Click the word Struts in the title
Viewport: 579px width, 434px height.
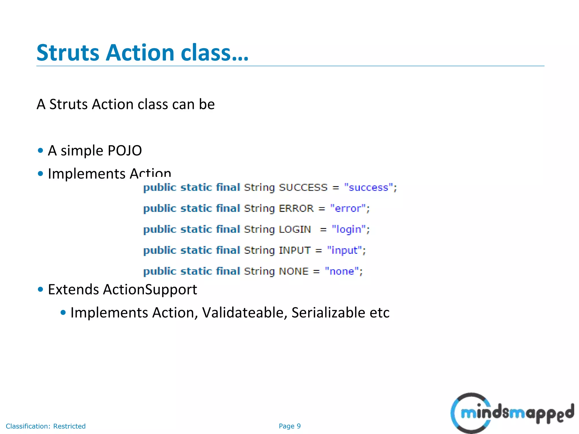(x=68, y=53)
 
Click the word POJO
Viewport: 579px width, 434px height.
(x=124, y=151)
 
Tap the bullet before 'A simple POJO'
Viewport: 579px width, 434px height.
(x=40, y=150)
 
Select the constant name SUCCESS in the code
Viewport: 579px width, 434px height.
(x=303, y=188)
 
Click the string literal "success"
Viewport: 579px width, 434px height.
(x=368, y=188)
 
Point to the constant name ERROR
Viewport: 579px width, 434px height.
(x=296, y=209)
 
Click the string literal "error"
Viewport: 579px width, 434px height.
(x=348, y=209)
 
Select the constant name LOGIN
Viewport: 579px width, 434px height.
(x=295, y=229)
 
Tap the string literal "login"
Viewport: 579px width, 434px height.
(x=349, y=229)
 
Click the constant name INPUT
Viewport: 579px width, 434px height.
(x=295, y=250)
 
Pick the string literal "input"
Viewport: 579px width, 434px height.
(x=344, y=250)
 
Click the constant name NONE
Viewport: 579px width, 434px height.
(x=293, y=271)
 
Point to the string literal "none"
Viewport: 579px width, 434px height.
(x=342, y=271)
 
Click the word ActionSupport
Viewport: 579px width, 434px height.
(x=150, y=290)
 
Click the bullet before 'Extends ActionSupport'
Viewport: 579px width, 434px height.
(x=40, y=289)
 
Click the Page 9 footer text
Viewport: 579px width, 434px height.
(x=289, y=426)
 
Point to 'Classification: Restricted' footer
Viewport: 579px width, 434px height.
(x=46, y=426)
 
